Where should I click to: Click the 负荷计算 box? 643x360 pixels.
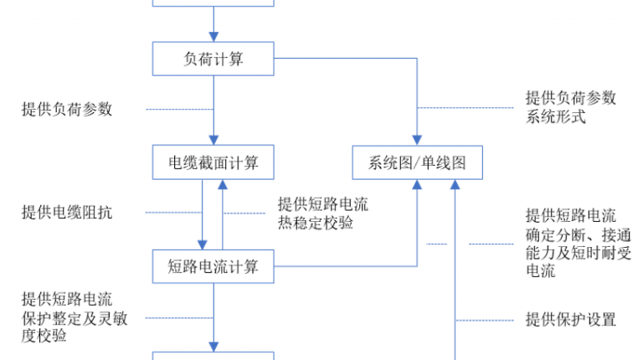click(213, 59)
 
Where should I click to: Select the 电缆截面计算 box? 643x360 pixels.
click(213, 162)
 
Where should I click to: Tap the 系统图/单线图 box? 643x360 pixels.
click(418, 162)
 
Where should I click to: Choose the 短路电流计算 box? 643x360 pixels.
click(213, 266)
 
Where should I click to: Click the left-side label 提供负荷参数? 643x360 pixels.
click(67, 109)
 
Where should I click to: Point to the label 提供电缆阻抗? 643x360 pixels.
click(67, 213)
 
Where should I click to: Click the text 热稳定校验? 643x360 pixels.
click(316, 223)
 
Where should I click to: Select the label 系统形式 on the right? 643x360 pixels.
click(556, 116)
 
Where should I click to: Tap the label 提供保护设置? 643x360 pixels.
click(571, 320)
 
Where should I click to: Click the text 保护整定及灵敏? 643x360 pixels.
click(75, 318)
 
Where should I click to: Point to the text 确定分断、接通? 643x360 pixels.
click(579, 235)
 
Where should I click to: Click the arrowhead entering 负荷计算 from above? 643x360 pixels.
click(213, 37)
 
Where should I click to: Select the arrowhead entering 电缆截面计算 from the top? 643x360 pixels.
click(213, 140)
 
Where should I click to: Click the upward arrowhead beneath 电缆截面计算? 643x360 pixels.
click(223, 184)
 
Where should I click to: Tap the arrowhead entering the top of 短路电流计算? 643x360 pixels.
click(202, 244)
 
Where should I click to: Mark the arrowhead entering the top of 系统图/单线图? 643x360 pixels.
click(417, 140)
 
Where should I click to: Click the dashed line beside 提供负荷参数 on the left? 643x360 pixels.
click(180, 110)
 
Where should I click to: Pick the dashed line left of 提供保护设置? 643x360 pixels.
click(484, 320)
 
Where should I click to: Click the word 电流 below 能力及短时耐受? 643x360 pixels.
click(541, 271)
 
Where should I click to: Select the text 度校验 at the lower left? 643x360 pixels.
click(44, 336)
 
